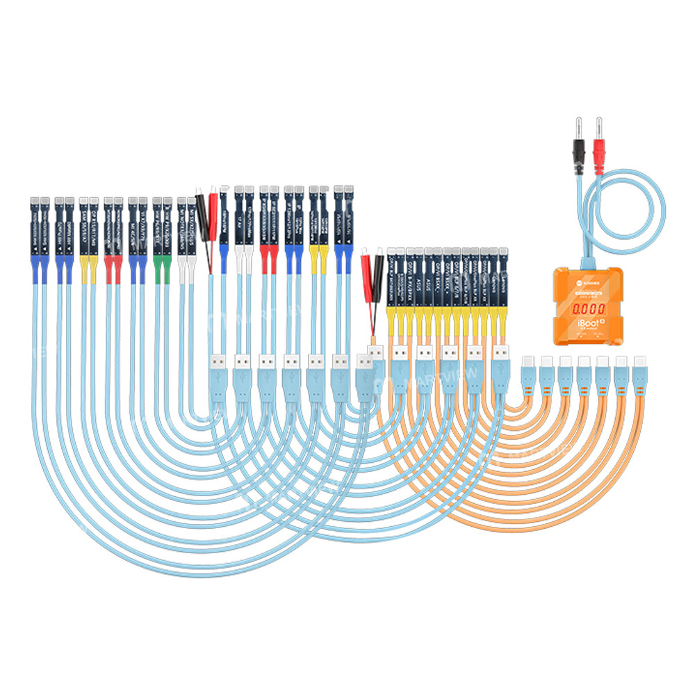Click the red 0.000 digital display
click(588, 307)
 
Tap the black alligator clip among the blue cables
click(202, 215)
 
